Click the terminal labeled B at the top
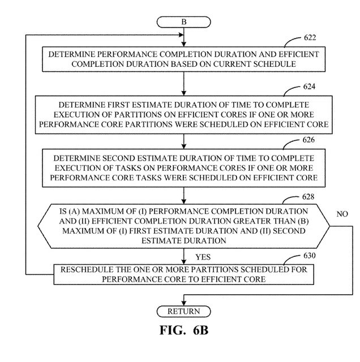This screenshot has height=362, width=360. [183, 21]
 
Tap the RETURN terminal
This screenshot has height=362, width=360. [183, 311]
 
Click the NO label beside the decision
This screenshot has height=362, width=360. [342, 215]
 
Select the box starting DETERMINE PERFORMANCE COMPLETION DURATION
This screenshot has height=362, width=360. [183, 59]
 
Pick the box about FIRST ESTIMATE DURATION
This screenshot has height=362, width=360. [183, 113]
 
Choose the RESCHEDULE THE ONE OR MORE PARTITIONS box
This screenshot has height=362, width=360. [183, 274]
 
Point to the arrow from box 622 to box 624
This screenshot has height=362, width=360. [183, 83]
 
